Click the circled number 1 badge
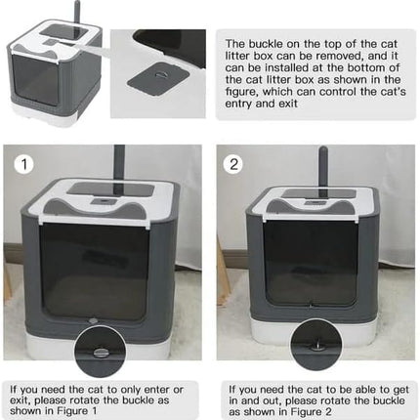(x=21, y=165)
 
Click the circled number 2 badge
(x=234, y=165)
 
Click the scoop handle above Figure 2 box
(x=322, y=165)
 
